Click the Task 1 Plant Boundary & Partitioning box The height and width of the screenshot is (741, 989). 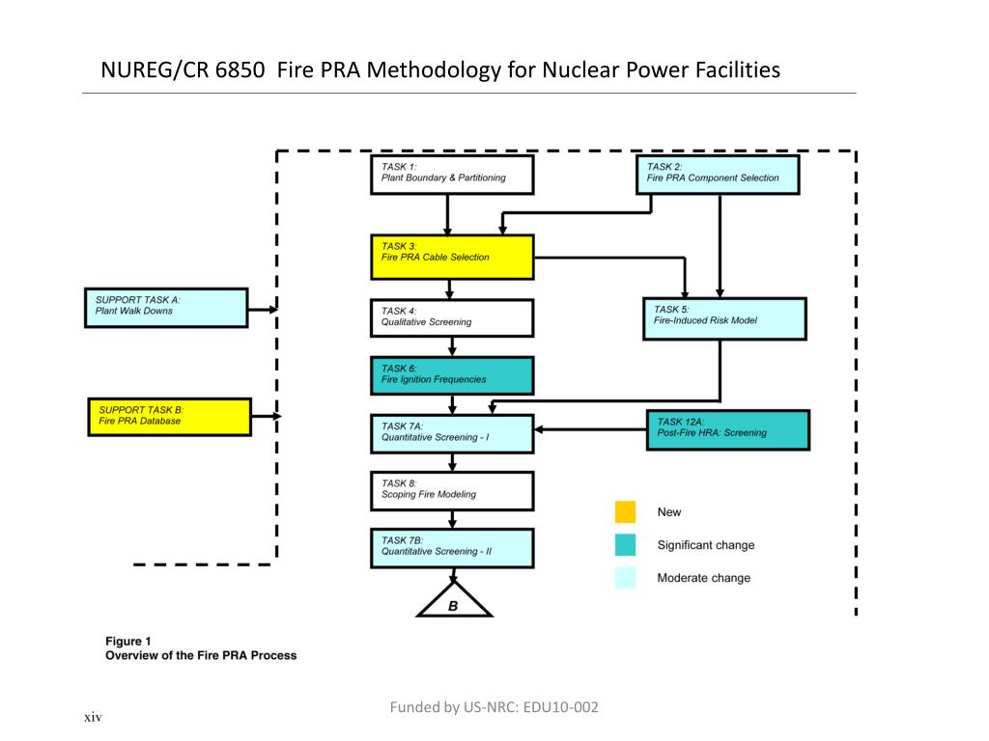coord(451,174)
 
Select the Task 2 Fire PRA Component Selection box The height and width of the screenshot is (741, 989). coord(719,174)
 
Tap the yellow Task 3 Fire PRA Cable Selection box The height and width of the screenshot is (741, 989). coord(451,257)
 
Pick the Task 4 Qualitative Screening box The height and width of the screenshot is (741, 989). coord(451,317)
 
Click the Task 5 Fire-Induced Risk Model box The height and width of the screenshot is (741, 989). coord(724,318)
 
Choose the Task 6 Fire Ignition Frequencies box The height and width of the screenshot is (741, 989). coord(451,375)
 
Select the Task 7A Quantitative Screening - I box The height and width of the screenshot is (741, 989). coord(451,432)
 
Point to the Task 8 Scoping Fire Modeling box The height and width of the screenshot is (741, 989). coord(451,490)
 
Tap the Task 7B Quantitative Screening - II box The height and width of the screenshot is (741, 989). coord(451,547)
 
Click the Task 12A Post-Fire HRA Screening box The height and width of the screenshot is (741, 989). coord(727,429)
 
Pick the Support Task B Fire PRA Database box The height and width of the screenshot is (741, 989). coord(169,417)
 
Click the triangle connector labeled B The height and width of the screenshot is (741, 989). coord(454,602)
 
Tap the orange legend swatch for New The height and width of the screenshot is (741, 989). coord(625,512)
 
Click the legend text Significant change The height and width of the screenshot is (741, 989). coord(705,545)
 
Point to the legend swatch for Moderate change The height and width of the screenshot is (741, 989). coord(625,578)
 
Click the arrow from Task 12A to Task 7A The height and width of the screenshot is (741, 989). coord(589,429)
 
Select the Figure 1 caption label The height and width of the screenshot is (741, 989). coord(128,641)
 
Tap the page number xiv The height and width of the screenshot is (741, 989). coord(93,717)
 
